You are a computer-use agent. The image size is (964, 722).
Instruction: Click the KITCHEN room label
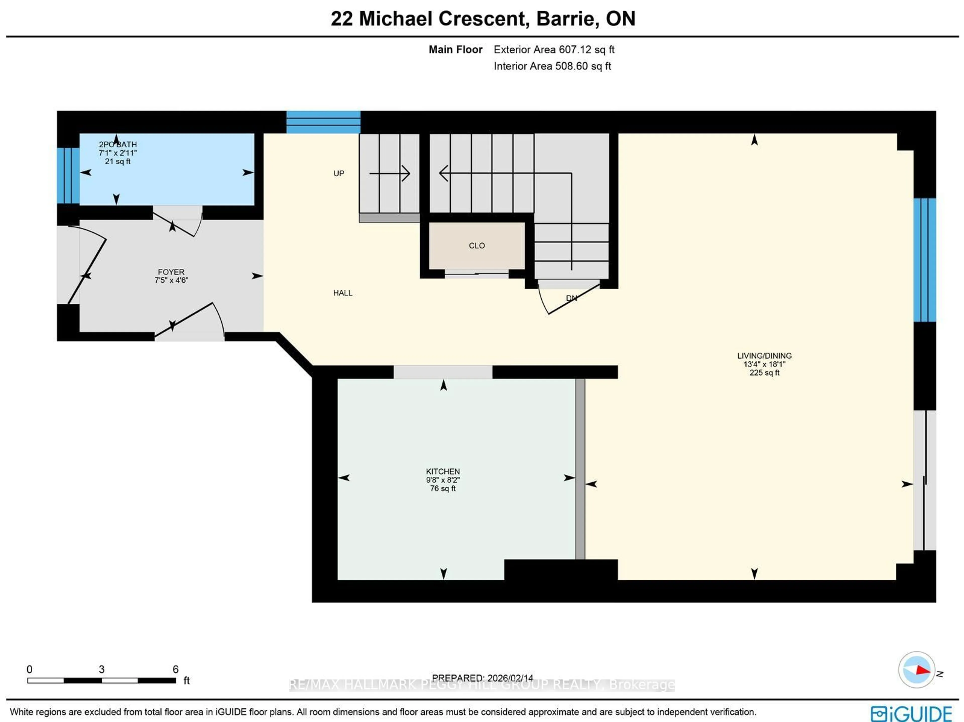443,471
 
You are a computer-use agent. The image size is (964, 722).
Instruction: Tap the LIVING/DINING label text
764,356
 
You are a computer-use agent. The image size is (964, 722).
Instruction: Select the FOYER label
171,272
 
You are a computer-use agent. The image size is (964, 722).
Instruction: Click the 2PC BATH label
118,144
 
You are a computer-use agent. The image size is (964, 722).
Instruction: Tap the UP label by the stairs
339,174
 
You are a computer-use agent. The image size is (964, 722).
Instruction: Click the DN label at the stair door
571,298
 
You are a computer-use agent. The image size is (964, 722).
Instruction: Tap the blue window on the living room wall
924,260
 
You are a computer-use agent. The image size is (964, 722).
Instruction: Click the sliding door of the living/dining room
924,480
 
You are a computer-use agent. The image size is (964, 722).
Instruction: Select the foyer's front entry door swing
87,270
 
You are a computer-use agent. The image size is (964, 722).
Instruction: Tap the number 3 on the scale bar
101,669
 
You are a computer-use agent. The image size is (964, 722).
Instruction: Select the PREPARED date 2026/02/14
510,678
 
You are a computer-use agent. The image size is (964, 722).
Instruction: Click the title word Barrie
564,19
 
